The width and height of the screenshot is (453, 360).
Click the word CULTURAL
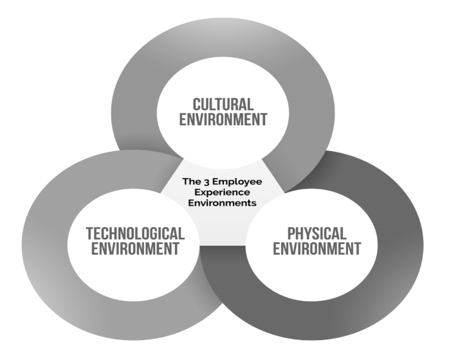pyautogui.click(x=223, y=105)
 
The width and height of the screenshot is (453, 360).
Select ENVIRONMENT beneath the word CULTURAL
pyautogui.click(x=223, y=120)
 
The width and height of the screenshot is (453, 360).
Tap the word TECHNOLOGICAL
pyautogui.click(x=135, y=233)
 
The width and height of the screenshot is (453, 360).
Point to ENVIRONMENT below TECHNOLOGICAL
pyautogui.click(x=135, y=249)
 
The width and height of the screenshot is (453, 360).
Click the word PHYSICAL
pyautogui.click(x=317, y=233)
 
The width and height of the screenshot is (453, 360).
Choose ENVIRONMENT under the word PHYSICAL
pyautogui.click(x=317, y=249)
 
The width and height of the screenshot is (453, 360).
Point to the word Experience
pyautogui.click(x=223, y=193)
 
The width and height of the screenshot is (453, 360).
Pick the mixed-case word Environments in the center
pyautogui.click(x=222, y=203)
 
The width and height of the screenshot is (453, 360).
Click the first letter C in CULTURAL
pyautogui.click(x=196, y=105)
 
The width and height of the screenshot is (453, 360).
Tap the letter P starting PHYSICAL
pyautogui.click(x=291, y=233)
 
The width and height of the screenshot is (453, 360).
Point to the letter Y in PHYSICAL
pyautogui.click(x=306, y=233)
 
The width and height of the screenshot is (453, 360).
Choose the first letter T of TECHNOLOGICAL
pyautogui.click(x=89, y=233)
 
